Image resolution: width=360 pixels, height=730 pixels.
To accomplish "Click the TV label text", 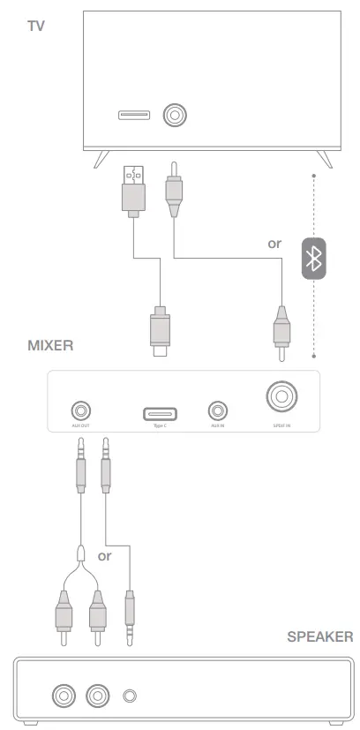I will (x=35, y=26).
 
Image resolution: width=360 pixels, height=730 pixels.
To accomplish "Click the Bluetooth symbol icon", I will (x=313, y=259).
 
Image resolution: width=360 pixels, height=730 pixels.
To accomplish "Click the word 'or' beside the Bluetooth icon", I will (x=275, y=243).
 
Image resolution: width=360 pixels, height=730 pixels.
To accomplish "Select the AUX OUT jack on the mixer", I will (x=82, y=410).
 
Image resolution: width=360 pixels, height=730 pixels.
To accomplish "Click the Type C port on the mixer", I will (x=160, y=412).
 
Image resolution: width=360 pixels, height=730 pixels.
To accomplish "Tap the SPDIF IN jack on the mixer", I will (x=281, y=399).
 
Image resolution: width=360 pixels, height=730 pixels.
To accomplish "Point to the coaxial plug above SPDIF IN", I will (x=281, y=335).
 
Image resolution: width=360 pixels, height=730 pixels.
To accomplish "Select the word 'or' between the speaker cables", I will (x=105, y=556).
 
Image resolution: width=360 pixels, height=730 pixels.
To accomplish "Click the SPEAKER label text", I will (x=319, y=636).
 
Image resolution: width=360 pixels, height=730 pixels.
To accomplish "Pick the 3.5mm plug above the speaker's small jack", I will (x=131, y=617).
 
